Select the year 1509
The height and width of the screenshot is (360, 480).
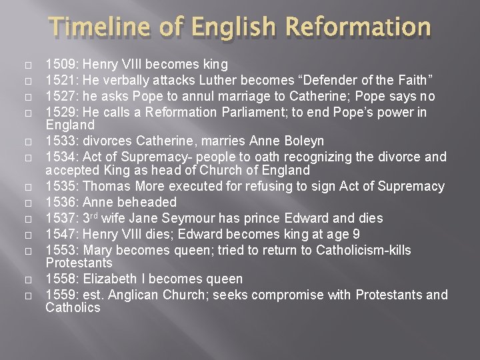pos(59,65)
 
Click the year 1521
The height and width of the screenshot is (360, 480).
pos(59,80)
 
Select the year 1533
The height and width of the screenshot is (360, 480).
pos(59,141)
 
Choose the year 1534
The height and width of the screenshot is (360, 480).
pos(59,157)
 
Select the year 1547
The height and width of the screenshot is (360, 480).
pos(59,233)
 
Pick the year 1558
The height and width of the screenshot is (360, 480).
pos(59,279)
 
